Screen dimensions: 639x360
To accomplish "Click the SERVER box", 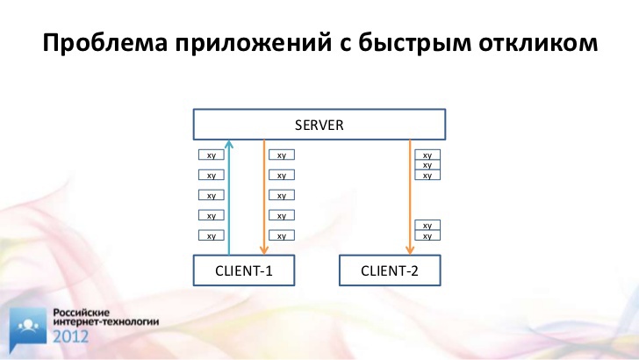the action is pyautogui.click(x=319, y=125).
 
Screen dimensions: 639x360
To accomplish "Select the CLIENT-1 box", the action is pyautogui.click(x=244, y=270).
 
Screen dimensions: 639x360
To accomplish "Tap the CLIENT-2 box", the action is pyautogui.click(x=390, y=270).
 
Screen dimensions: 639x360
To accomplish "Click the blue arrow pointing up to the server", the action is pyautogui.click(x=229, y=198).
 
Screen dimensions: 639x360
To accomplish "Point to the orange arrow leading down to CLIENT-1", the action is pyautogui.click(x=264, y=198).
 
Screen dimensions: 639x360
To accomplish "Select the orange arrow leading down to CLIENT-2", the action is pyautogui.click(x=410, y=198).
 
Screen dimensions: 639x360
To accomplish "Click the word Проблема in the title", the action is pyautogui.click(x=104, y=43).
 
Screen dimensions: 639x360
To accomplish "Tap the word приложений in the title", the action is pyautogui.click(x=254, y=43).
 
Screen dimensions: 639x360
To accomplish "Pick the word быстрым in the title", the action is pyautogui.click(x=414, y=43).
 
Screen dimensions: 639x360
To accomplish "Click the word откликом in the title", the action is pyautogui.click(x=538, y=42).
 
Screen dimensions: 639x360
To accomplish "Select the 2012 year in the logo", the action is pyautogui.click(x=70, y=337).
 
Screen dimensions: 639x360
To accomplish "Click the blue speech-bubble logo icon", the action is pyautogui.click(x=28, y=329).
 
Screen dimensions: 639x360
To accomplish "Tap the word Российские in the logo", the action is pyautogui.click(x=82, y=313).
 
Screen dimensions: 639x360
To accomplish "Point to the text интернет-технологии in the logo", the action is pyautogui.click(x=106, y=321).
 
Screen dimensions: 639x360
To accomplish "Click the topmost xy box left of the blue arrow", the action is pyautogui.click(x=211, y=155).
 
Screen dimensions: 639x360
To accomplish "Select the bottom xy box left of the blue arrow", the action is pyautogui.click(x=211, y=235).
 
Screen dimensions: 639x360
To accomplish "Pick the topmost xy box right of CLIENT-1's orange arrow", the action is pyautogui.click(x=282, y=155).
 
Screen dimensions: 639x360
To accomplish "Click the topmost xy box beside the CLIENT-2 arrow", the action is pyautogui.click(x=427, y=155).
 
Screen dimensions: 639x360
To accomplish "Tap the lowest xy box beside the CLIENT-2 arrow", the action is pyautogui.click(x=427, y=235).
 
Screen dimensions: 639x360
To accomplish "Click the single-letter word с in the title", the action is pyautogui.click(x=345, y=45).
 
